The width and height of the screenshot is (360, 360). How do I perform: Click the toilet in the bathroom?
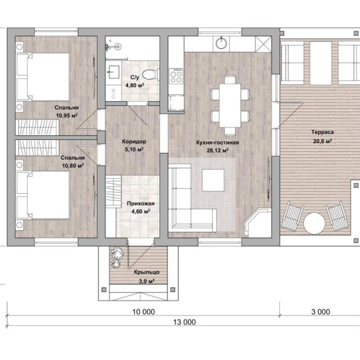[x=150, y=74]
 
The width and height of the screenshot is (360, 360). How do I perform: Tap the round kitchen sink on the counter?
[x=221, y=43]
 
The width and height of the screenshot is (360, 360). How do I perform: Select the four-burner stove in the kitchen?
[x=176, y=76]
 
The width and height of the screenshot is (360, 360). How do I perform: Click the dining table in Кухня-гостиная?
[x=230, y=105]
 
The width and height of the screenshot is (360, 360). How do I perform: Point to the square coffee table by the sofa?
[x=213, y=180]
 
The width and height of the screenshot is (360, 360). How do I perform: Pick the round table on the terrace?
[x=314, y=223]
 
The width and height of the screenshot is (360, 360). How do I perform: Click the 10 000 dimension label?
[x=144, y=312]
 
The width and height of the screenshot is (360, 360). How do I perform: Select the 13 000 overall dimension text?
[x=184, y=322]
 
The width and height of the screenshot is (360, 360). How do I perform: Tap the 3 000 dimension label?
[x=321, y=312]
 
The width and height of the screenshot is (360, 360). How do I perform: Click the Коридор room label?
[x=134, y=142]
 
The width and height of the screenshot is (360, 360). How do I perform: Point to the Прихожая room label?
[x=141, y=204]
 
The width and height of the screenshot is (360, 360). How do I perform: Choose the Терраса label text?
[x=322, y=132]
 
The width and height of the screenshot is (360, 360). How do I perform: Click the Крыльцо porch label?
[x=147, y=272]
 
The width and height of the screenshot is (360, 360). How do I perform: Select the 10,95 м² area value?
[x=67, y=115]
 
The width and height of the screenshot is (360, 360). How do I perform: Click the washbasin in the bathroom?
[x=114, y=72]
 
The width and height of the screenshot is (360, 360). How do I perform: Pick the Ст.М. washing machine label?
[x=114, y=93]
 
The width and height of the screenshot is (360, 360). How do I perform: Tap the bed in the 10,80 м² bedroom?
[x=43, y=195]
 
